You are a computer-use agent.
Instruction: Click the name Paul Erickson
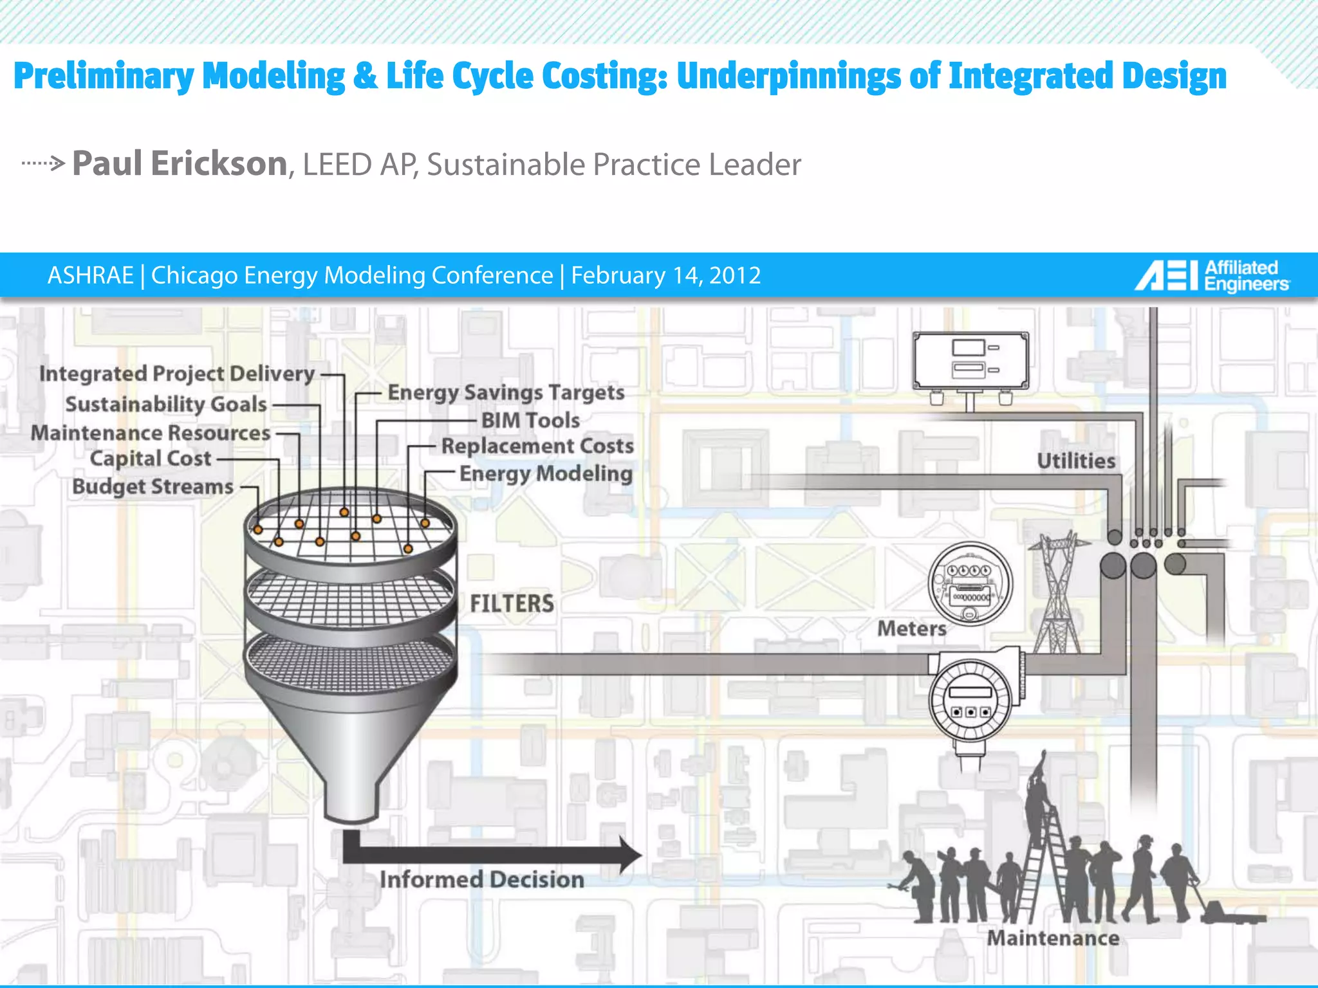click(x=180, y=163)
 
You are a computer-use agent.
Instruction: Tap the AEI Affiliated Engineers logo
click(x=1211, y=276)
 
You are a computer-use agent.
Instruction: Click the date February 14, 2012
click(x=665, y=275)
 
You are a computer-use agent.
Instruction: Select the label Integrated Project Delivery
click(x=177, y=374)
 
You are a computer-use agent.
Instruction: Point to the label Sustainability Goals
click(x=166, y=404)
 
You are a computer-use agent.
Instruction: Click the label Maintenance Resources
click(x=151, y=433)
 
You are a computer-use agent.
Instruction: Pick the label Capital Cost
click(x=151, y=459)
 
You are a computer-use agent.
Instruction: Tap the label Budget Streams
click(x=153, y=486)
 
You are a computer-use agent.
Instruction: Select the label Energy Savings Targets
click(x=506, y=392)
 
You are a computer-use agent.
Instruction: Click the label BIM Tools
click(x=530, y=420)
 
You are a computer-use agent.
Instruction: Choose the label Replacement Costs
click(x=537, y=446)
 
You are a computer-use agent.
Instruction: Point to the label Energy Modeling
click(x=546, y=473)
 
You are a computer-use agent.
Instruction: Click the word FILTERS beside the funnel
click(x=512, y=603)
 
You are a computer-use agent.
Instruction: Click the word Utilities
click(x=1076, y=461)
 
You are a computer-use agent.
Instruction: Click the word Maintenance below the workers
click(x=1053, y=938)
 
